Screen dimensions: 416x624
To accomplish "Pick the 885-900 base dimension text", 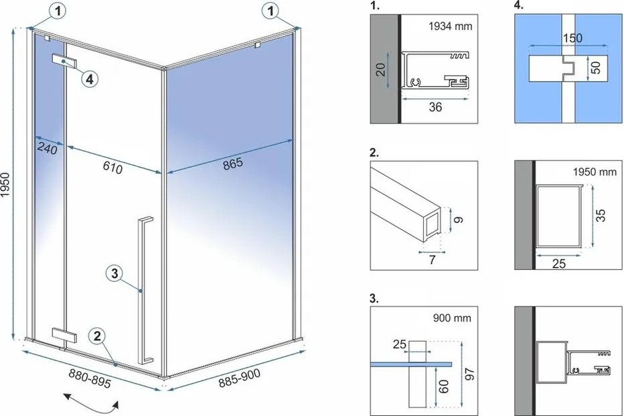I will (x=240, y=383).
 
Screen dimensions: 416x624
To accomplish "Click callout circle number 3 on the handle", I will (x=114, y=273).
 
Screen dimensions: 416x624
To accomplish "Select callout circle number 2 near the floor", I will (x=97, y=337).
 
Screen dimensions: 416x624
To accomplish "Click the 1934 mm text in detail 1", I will (x=450, y=27).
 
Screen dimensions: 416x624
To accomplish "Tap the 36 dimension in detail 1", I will (x=435, y=107).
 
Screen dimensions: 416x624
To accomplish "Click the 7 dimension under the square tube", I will (x=432, y=259).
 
